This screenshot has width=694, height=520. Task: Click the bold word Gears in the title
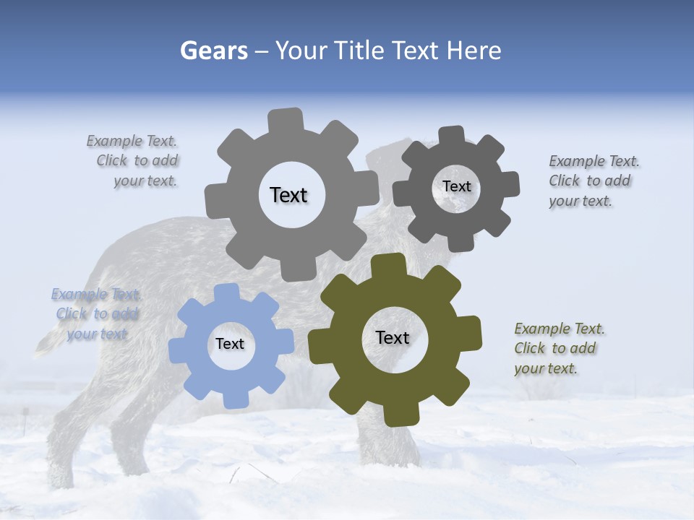pos(213,51)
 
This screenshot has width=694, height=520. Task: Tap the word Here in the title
pos(474,51)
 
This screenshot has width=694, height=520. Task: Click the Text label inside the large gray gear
pos(288,195)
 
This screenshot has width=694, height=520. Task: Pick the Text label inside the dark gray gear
pos(456,186)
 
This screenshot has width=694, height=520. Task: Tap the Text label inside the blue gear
pos(230,344)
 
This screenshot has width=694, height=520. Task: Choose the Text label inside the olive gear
pos(393,337)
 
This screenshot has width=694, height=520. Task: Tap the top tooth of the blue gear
pos(226,292)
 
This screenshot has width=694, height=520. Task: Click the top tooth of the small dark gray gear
pos(452,135)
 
